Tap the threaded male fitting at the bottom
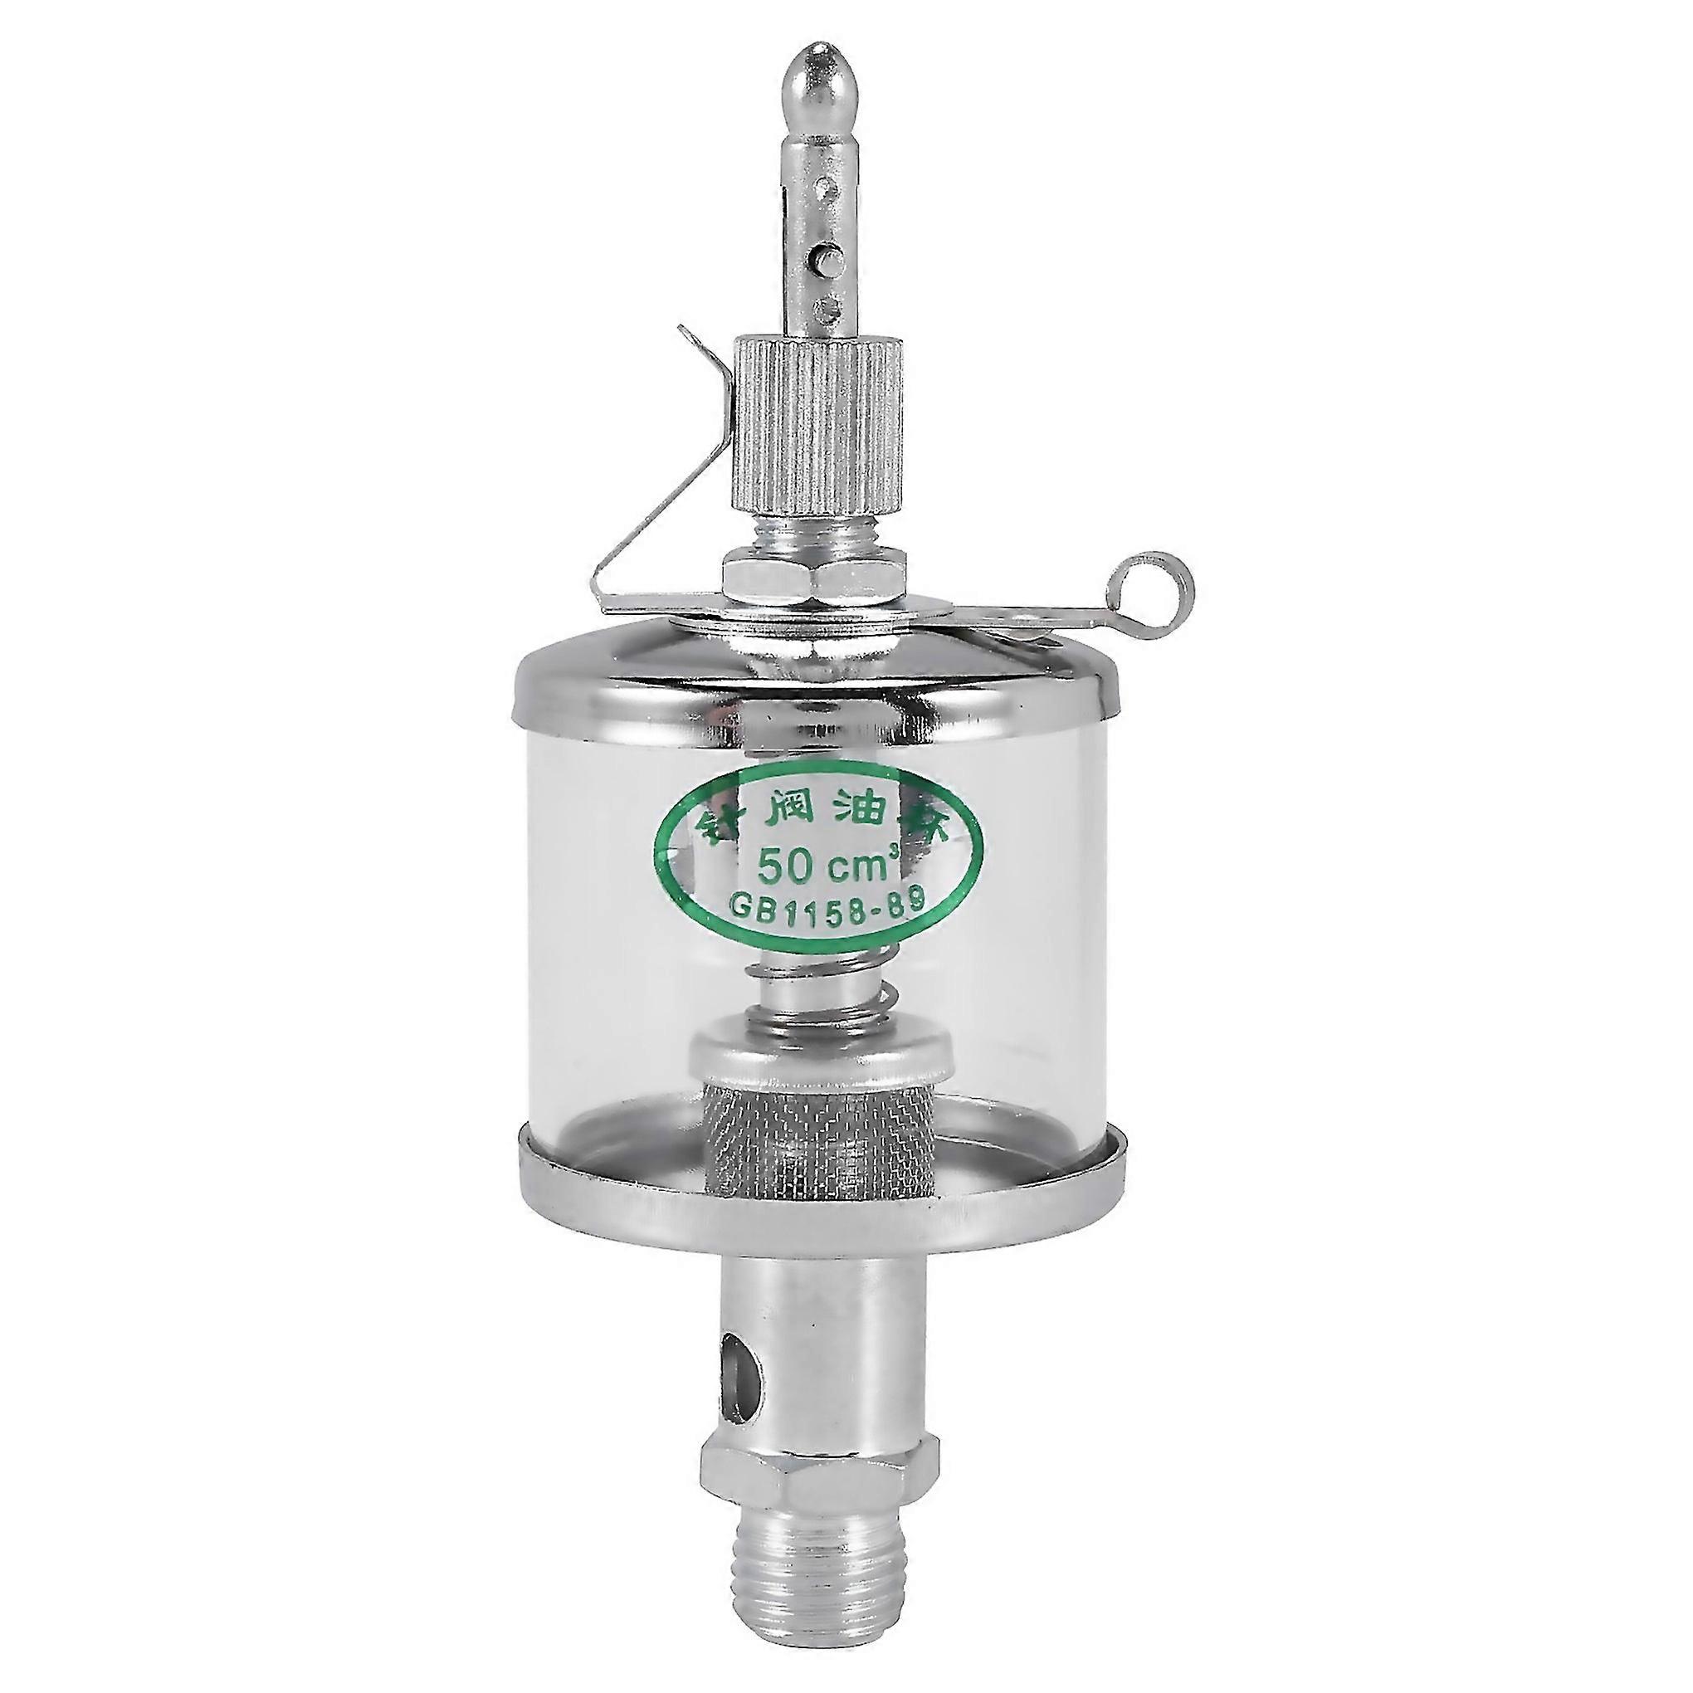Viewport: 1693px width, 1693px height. click(819, 1590)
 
